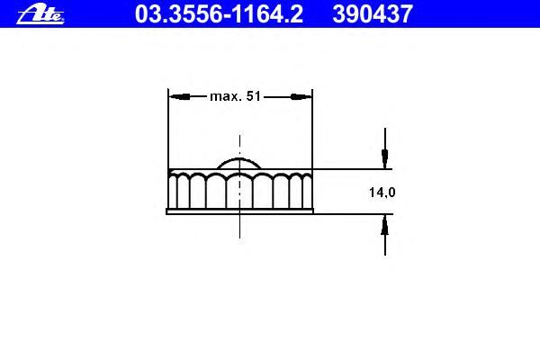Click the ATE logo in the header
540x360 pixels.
coord(40,14)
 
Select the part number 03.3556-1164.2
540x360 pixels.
coord(219,14)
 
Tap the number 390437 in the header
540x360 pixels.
coord(373,14)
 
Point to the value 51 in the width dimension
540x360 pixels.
coord(254,96)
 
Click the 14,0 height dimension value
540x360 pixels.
coord(382,193)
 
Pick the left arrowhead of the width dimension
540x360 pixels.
coord(179,97)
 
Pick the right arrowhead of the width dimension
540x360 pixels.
coord(301,97)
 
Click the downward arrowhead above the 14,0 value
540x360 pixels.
coord(385,158)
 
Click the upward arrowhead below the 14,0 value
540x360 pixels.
coord(385,225)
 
